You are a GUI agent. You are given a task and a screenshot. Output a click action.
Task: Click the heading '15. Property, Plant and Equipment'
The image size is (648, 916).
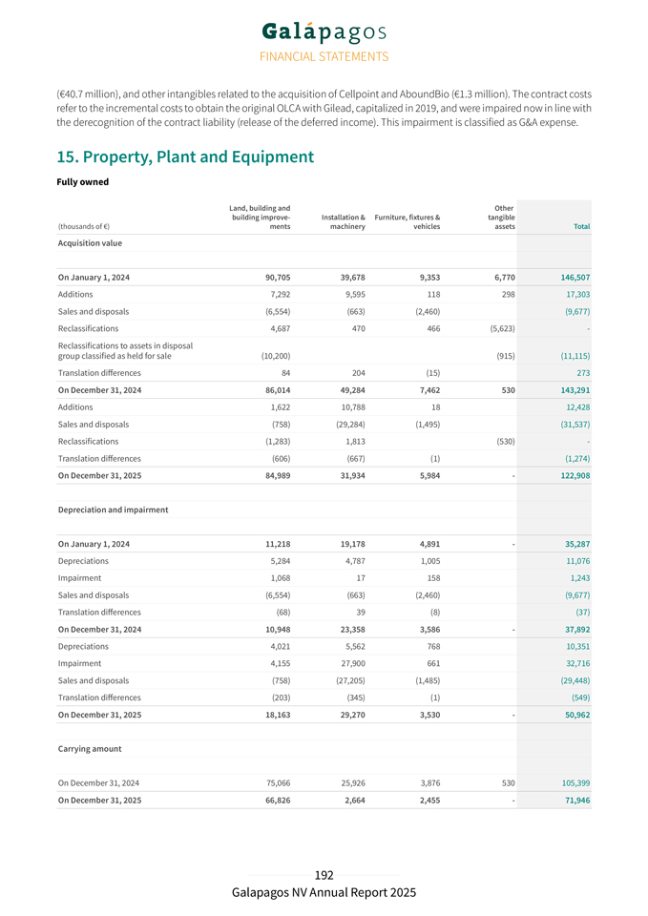186,156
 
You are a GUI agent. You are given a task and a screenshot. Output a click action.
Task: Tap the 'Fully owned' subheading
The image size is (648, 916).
83,182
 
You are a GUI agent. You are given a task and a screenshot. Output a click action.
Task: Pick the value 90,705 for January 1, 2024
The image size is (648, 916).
272,277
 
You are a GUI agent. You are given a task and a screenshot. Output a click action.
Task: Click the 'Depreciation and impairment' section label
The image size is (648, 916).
114,510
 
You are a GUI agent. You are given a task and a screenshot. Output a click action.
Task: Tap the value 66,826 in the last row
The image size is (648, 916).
272,801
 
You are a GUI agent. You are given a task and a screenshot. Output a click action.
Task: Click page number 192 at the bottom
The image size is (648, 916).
324,875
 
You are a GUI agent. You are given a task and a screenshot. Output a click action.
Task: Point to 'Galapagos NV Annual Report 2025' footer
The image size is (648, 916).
324,893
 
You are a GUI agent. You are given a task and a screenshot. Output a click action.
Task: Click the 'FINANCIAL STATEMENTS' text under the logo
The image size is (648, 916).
324,57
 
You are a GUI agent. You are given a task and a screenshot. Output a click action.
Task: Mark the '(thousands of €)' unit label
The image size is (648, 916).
83,227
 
